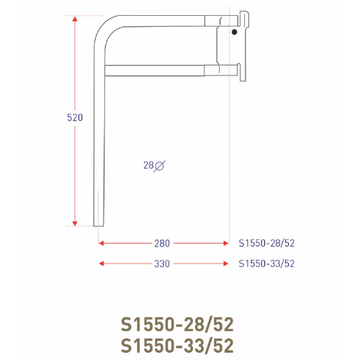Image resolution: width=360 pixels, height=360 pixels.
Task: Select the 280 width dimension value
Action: pos(161,243)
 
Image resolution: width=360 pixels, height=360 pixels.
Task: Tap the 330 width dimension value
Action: pos(161,264)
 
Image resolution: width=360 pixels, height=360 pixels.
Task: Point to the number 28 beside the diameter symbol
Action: pos(148,166)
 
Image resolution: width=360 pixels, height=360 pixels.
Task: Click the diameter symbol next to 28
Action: pos(160,166)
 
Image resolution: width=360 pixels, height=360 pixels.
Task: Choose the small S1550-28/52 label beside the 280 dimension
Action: pos(266,243)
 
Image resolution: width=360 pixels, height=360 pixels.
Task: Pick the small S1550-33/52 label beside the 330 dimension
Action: pos(266,264)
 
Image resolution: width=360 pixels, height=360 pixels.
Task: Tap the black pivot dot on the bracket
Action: pos(235,32)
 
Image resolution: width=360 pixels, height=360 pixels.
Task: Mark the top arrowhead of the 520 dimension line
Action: pos(75,19)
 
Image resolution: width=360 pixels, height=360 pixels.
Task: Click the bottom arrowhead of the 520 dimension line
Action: pos(75,223)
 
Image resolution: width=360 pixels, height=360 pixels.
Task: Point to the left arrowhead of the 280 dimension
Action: pos(102,243)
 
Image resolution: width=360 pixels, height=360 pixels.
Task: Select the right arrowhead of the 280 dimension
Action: pos(225,243)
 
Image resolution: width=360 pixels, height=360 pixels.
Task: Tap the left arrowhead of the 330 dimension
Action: pos(102,264)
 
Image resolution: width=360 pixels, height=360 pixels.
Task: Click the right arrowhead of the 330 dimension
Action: pos(225,264)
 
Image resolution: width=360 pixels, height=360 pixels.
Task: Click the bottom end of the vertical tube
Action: pos(100,222)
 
